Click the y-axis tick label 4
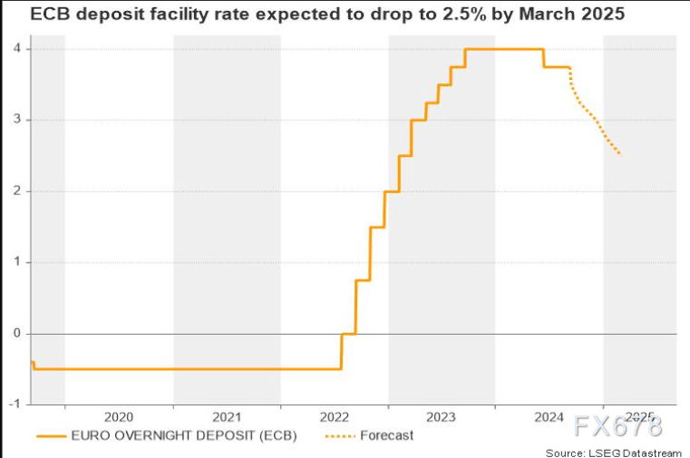coord(16,48)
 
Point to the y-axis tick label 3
coord(16,119)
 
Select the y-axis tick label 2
coord(16,191)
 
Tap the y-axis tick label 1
coord(16,262)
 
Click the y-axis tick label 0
coord(16,333)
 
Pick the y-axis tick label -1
coord(15,404)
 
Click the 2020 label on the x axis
coord(119,416)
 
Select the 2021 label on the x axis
coord(227,416)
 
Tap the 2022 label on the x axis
coord(334,416)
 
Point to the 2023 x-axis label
coord(441,416)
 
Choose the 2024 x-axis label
coord(549,416)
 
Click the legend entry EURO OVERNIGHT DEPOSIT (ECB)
coord(184,435)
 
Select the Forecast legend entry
coord(387,435)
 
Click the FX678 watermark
coord(617,426)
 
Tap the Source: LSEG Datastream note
coord(614,453)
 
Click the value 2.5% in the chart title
coord(464,15)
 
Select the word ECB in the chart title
coord(50,15)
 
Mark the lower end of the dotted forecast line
coord(620,154)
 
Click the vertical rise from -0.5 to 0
coord(342,351)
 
